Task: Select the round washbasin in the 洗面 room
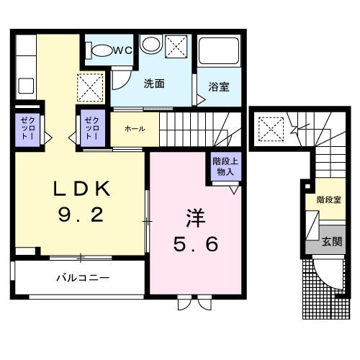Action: tap(150, 45)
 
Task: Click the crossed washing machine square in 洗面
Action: tap(176, 48)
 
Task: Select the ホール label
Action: tap(135, 129)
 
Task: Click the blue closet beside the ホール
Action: tap(92, 127)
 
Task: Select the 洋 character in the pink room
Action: tap(192, 216)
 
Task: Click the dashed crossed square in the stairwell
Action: tap(272, 130)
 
